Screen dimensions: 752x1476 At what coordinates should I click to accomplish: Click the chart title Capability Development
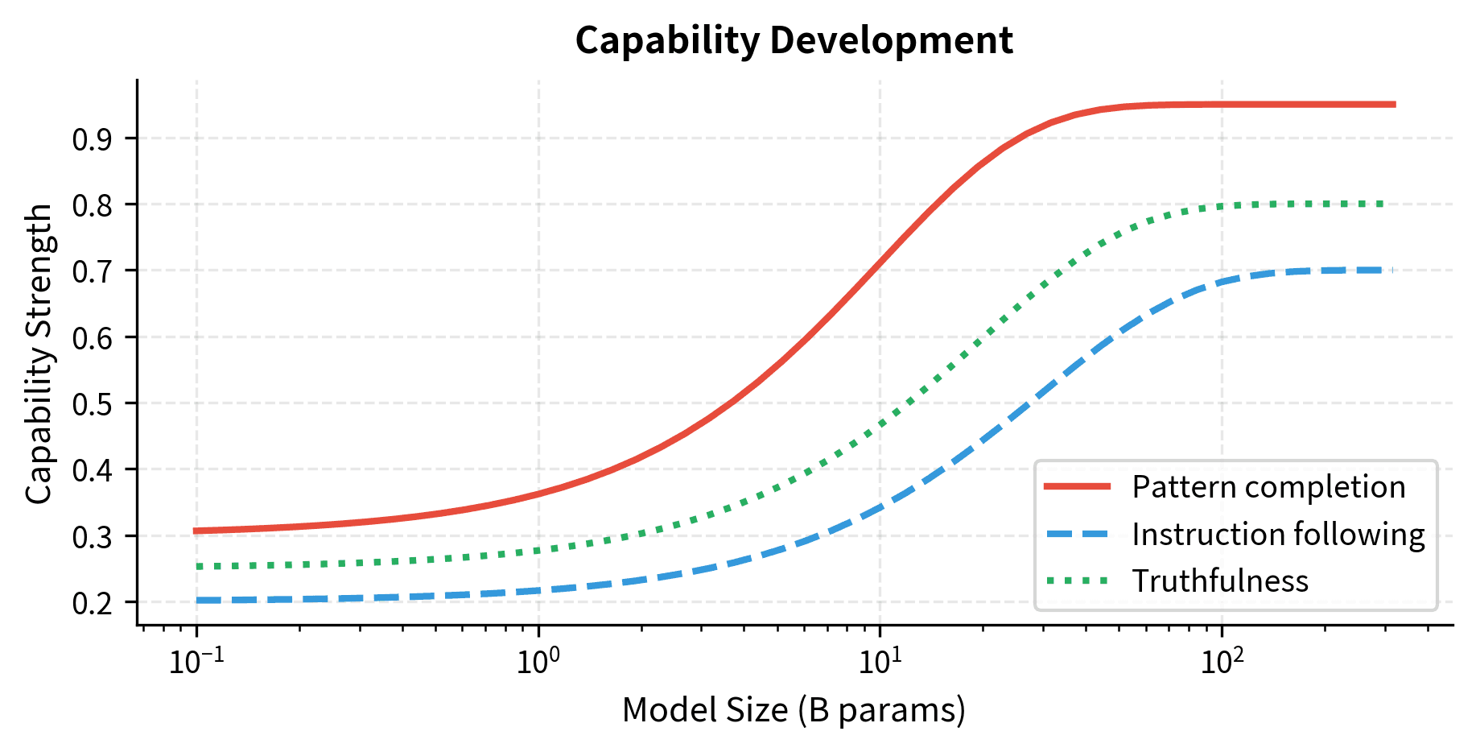[794, 40]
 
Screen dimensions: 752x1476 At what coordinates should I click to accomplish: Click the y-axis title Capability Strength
[39, 354]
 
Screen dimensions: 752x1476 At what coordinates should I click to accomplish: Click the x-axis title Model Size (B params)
[794, 709]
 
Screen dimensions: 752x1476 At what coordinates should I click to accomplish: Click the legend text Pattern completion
[1268, 487]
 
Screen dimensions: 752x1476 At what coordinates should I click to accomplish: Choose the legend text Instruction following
[1278, 534]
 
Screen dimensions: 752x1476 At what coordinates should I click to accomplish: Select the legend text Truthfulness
[1220, 581]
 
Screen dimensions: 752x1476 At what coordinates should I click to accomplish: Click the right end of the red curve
[1393, 105]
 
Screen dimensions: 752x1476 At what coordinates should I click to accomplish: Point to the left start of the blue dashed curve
[197, 600]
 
